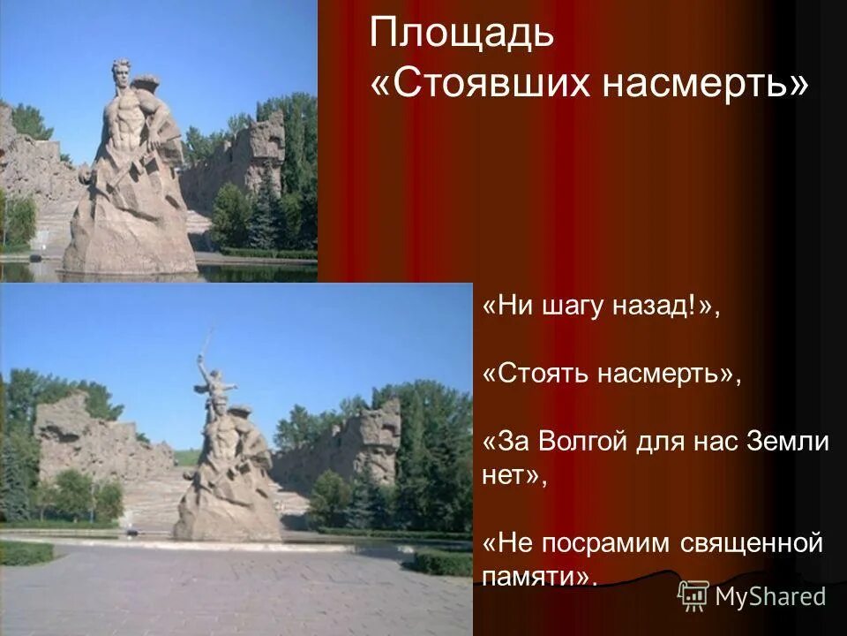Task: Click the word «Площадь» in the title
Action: [x=462, y=34]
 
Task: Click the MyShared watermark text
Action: [x=770, y=596]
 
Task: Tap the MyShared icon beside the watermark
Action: [x=693, y=596]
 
